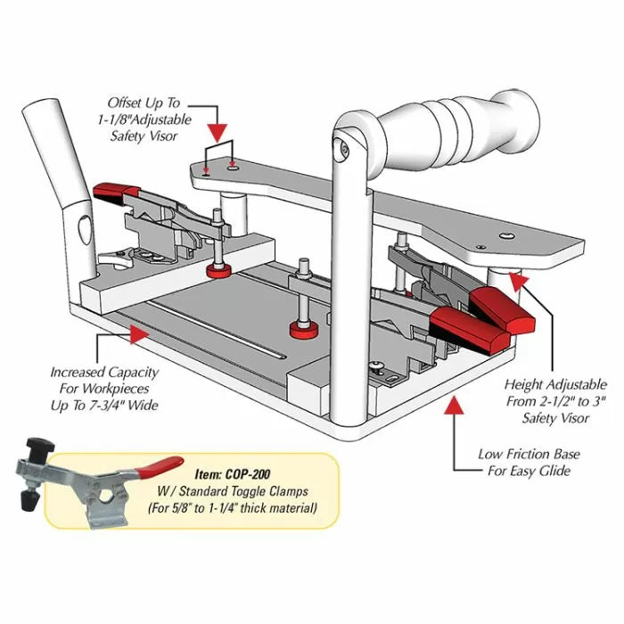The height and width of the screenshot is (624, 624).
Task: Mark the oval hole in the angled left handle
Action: (83, 226)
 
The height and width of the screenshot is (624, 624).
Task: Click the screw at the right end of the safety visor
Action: (506, 235)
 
